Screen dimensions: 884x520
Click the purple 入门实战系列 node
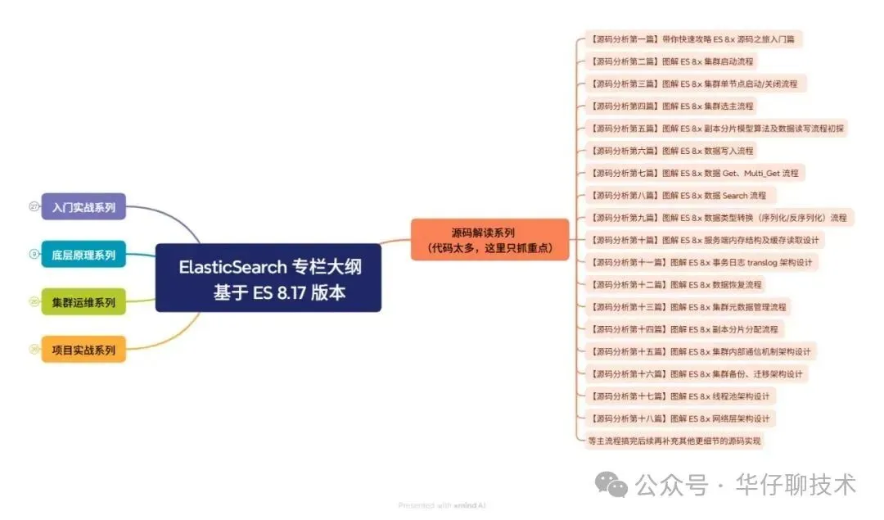point(83,206)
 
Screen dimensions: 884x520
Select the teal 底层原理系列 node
point(83,255)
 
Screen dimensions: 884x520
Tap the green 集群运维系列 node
point(83,302)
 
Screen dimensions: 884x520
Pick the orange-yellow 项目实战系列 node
point(83,350)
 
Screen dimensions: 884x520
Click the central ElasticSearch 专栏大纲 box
point(268,278)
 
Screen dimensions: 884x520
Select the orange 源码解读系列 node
point(489,240)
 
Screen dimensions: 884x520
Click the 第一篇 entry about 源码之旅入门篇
point(695,38)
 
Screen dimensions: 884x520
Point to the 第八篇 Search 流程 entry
point(677,195)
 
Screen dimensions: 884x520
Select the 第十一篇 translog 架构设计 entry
point(701,262)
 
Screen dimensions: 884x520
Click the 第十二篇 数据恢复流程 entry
point(674,284)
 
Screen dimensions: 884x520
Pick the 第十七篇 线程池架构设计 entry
point(679,396)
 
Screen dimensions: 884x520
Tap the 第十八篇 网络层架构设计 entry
point(679,418)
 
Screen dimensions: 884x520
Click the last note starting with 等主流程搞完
point(674,441)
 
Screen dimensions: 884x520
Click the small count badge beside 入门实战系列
point(34,206)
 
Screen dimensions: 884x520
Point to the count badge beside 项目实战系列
point(34,350)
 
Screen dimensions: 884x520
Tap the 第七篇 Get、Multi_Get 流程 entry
point(693,173)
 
